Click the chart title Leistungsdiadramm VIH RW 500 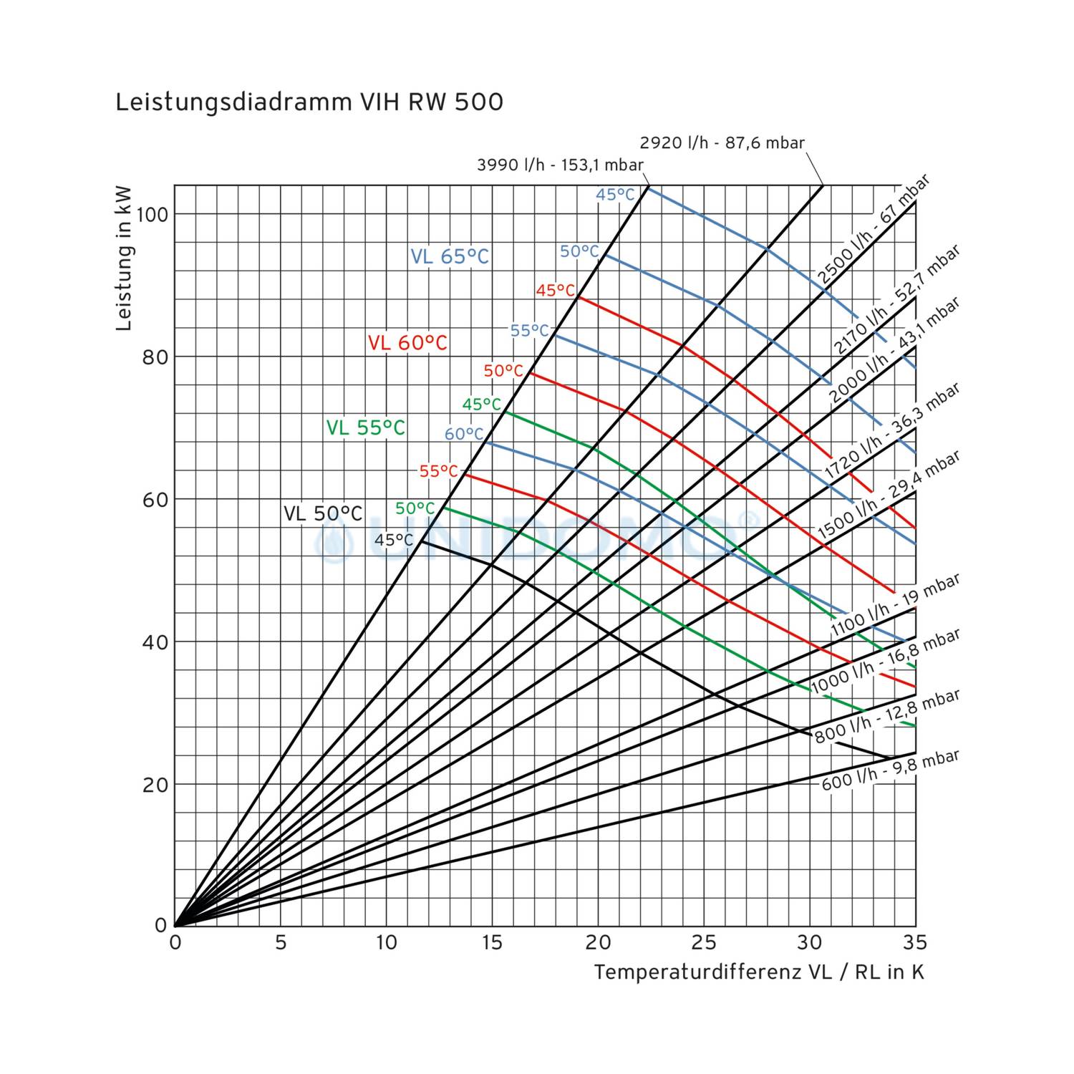309,102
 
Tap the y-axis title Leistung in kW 124,258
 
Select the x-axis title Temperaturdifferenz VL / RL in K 758,972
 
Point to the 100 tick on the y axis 151,214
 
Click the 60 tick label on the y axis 155,499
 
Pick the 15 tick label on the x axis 492,943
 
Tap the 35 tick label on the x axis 914,943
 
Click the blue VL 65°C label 450,256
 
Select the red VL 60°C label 407,343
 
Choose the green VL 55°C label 365,427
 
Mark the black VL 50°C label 323,513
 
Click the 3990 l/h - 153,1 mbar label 560,165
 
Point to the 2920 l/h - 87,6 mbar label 722,142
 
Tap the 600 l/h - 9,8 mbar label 890,770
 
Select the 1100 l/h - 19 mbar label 894,606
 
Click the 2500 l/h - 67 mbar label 873,229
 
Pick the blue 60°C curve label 464,434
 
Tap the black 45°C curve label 394,540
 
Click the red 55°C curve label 438,471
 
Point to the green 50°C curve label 415,508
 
